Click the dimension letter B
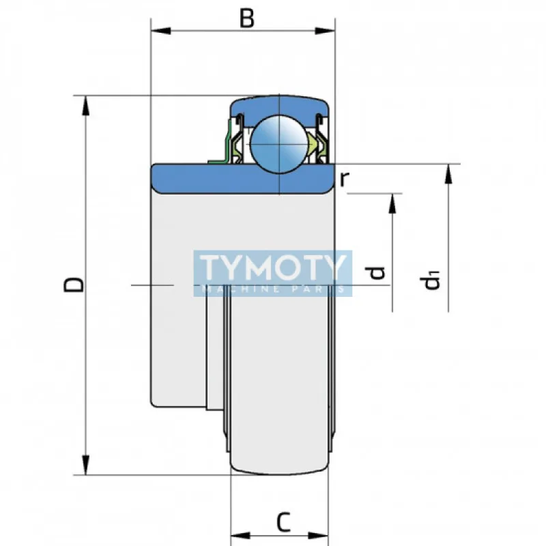pyautogui.click(x=247, y=18)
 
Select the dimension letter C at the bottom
pyautogui.click(x=284, y=522)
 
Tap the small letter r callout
pyautogui.click(x=344, y=179)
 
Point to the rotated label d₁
pyautogui.click(x=431, y=281)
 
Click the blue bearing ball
pyautogui.click(x=280, y=144)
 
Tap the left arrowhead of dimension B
pyautogui.click(x=161, y=31)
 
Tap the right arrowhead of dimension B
pyautogui.click(x=325, y=31)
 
